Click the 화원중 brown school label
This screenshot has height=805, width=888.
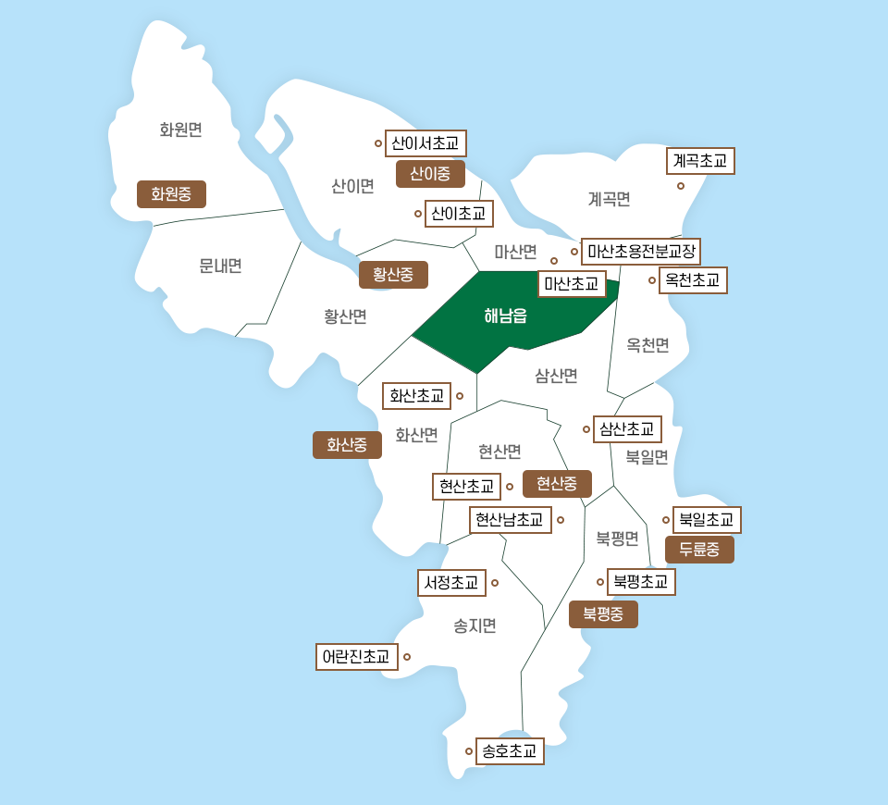point(171,194)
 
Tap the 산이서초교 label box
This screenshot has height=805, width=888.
point(425,143)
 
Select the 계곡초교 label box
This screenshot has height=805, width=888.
point(700,161)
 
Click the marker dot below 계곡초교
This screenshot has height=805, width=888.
point(681,186)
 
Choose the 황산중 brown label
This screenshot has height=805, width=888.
point(393,275)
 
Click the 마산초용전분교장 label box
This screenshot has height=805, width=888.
point(641,251)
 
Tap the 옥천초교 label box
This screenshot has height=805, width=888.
point(693,279)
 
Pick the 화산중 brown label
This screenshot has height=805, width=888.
point(347,445)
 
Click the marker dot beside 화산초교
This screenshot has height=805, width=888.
point(460,396)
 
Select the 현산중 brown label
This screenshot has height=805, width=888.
point(557,484)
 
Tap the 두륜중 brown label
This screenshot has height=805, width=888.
point(699,550)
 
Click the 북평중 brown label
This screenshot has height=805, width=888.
point(603,614)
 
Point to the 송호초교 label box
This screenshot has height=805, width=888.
point(509,751)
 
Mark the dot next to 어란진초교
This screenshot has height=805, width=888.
point(407,657)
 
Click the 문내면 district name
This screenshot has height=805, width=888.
point(220,266)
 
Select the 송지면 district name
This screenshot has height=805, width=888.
point(475,626)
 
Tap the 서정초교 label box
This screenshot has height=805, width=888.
point(451,583)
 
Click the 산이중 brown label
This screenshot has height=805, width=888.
point(430,174)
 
